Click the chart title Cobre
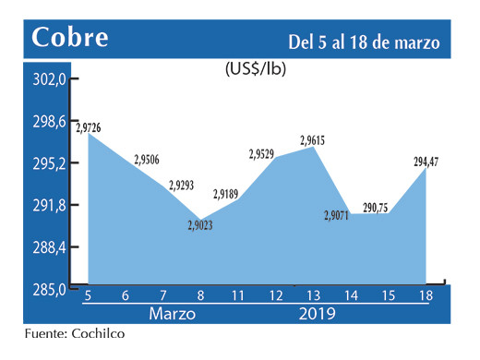coord(70,39)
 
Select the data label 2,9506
coord(147,159)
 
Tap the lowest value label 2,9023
coord(200,224)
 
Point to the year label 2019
coord(316,315)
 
